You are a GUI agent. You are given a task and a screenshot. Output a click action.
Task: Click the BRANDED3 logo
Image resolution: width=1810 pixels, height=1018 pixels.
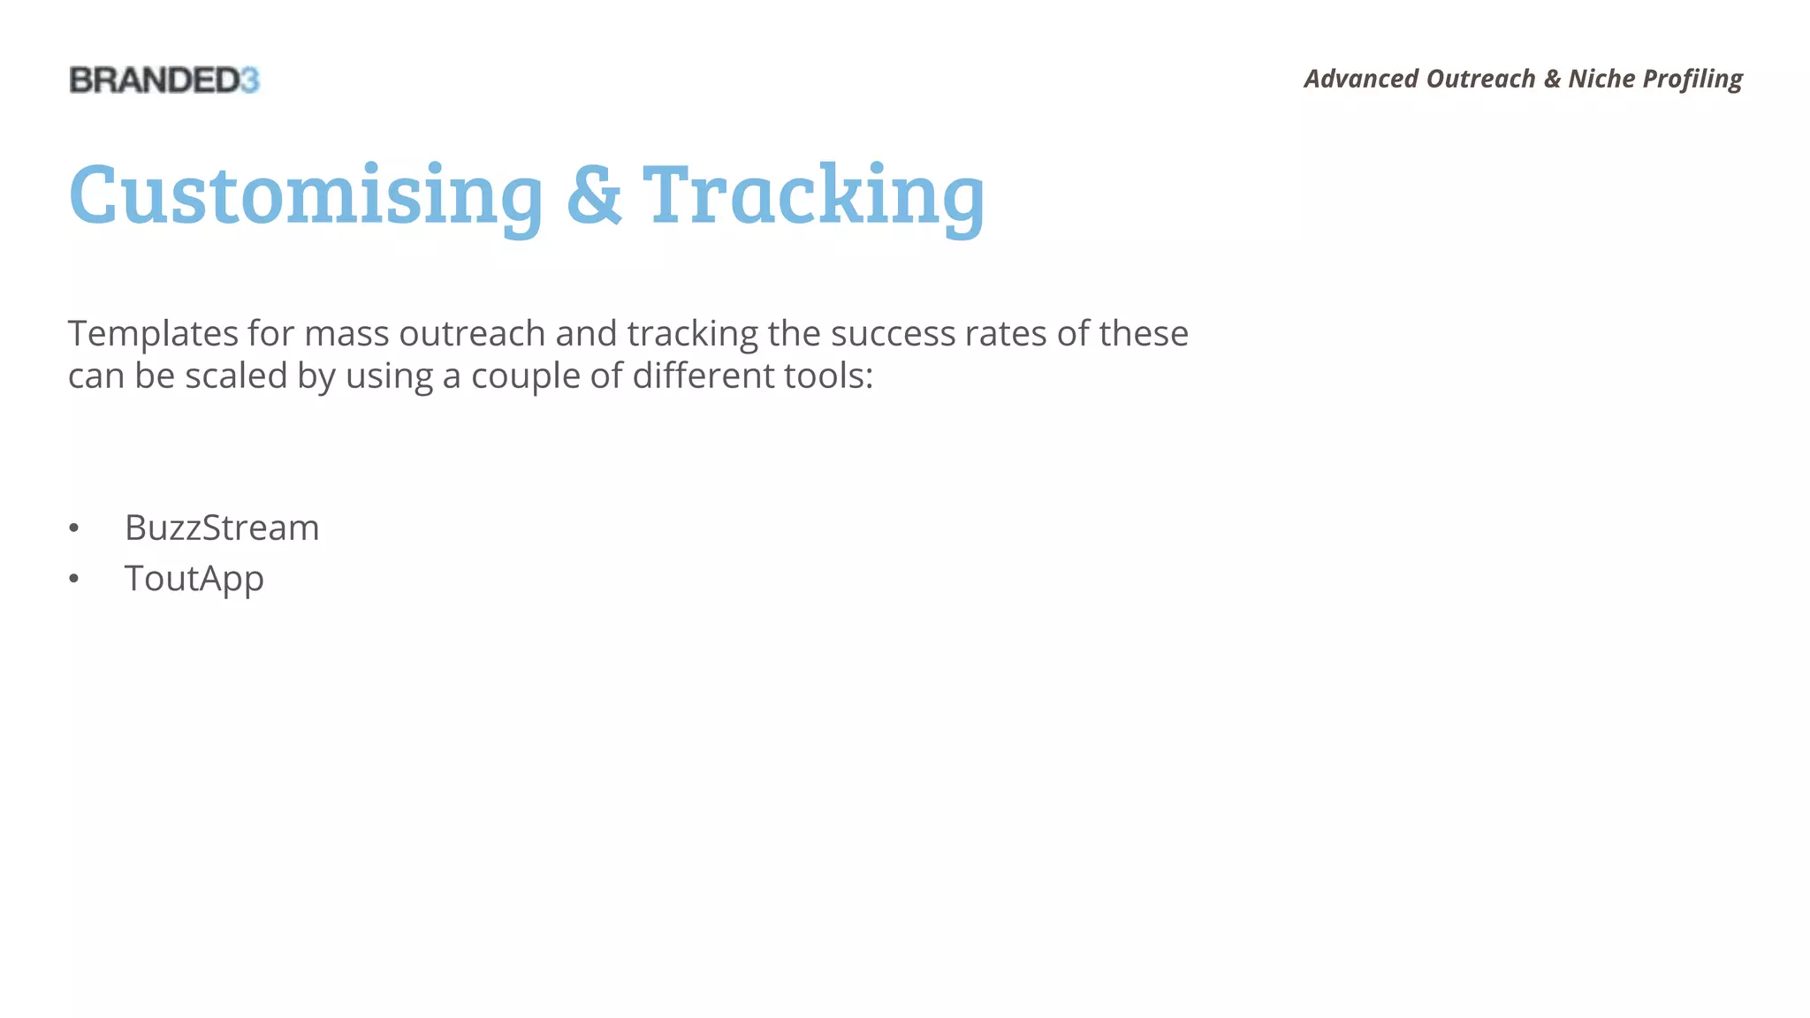click(x=164, y=80)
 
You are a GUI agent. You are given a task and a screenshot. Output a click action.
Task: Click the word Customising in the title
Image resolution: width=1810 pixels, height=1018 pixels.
click(x=306, y=195)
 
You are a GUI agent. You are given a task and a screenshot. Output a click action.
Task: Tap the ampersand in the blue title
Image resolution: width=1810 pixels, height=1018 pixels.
click(x=593, y=195)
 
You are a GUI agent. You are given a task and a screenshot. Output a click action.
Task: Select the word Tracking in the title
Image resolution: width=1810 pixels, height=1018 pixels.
click(x=813, y=195)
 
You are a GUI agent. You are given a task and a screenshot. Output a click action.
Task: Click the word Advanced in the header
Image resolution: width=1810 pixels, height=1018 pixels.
click(x=1361, y=79)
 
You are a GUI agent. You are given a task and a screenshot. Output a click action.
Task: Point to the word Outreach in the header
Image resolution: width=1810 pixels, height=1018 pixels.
click(x=1480, y=79)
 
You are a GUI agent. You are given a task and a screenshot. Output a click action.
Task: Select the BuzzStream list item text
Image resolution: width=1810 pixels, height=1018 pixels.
click(x=222, y=528)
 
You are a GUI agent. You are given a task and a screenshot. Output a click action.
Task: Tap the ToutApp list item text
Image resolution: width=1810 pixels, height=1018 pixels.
click(x=194, y=579)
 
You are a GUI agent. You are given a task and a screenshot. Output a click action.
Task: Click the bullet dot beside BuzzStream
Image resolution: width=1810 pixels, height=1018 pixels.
click(x=74, y=528)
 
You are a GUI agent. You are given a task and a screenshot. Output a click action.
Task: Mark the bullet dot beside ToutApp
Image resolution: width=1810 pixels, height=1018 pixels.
click(x=74, y=580)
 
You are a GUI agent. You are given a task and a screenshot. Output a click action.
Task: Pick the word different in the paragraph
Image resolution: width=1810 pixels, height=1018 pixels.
click(x=690, y=376)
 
